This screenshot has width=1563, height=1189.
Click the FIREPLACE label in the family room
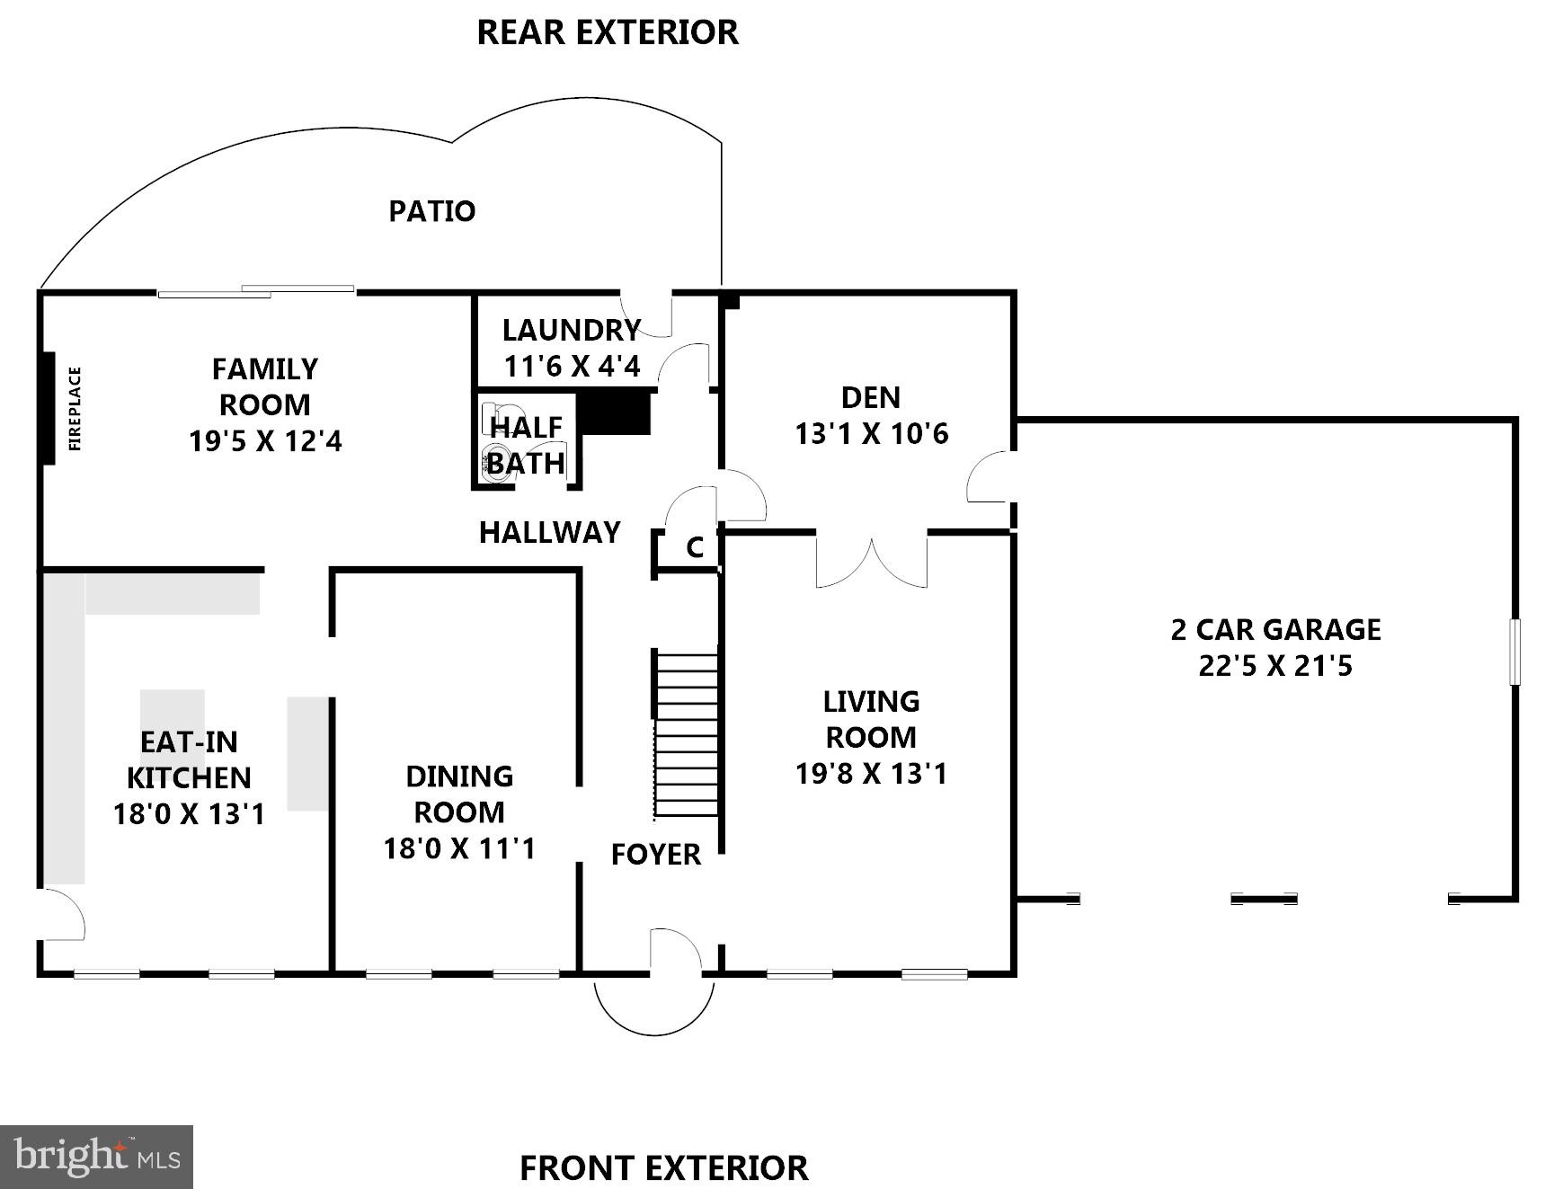(x=75, y=408)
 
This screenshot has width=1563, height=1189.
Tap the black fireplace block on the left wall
(x=49, y=408)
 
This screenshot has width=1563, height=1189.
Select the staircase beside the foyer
(x=687, y=734)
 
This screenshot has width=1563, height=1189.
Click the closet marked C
(x=694, y=547)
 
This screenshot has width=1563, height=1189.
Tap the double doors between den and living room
(x=871, y=560)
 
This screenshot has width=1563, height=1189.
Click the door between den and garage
(x=990, y=477)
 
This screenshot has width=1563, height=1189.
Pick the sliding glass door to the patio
(x=256, y=291)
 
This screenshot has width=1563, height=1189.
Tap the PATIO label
(x=431, y=211)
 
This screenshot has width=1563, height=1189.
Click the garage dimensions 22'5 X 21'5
(x=1275, y=666)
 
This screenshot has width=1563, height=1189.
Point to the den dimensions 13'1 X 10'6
(x=871, y=434)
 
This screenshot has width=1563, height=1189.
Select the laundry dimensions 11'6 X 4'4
(x=572, y=367)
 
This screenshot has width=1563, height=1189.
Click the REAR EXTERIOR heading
(x=607, y=32)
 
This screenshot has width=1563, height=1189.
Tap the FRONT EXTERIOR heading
(x=663, y=1168)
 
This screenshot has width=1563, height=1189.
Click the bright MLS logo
(x=96, y=1157)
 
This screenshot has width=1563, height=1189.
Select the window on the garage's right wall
(x=1514, y=652)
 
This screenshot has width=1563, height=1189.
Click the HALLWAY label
(x=549, y=533)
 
